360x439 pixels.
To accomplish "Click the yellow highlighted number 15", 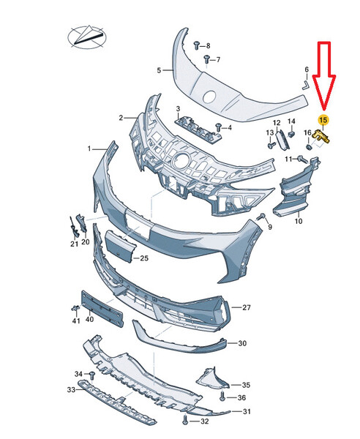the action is [x=323, y=120].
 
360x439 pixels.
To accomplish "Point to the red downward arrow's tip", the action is [x=324, y=110].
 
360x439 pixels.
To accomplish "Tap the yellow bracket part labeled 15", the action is [x=322, y=136].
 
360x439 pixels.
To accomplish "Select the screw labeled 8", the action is [x=197, y=45].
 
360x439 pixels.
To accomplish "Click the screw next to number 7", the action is [x=206, y=60].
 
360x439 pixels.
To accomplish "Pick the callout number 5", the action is [x=159, y=70].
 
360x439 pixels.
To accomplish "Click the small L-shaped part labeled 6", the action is [x=304, y=84].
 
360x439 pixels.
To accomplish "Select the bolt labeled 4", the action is [x=218, y=127].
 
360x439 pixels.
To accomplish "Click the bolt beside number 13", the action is [x=271, y=146].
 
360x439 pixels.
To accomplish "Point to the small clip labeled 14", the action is [x=292, y=134].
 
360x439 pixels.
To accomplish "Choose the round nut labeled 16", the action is [x=309, y=147].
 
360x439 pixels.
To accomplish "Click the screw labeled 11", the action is [x=303, y=160].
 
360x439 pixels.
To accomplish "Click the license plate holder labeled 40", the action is [x=102, y=309].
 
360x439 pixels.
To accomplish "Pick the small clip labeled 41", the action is [x=75, y=308].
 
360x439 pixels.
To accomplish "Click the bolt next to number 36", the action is [x=222, y=396].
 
